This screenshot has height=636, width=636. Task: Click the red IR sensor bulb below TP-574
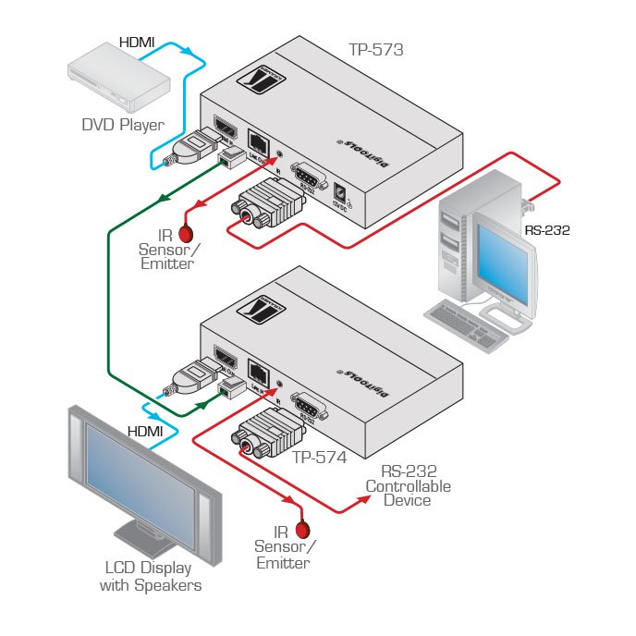tap(301, 530)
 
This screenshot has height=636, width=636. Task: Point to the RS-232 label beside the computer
tap(544, 230)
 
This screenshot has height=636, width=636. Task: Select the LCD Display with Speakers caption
tap(153, 577)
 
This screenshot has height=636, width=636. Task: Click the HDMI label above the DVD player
tap(137, 43)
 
